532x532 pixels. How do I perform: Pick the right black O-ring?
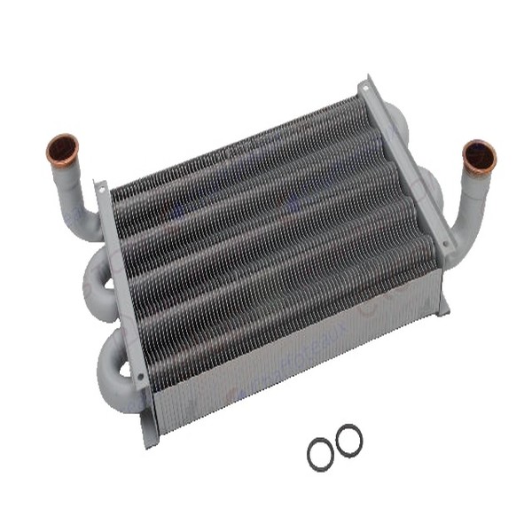point(348,440)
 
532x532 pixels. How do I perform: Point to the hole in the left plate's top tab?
point(99,189)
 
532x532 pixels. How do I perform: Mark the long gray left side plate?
point(124,293)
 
